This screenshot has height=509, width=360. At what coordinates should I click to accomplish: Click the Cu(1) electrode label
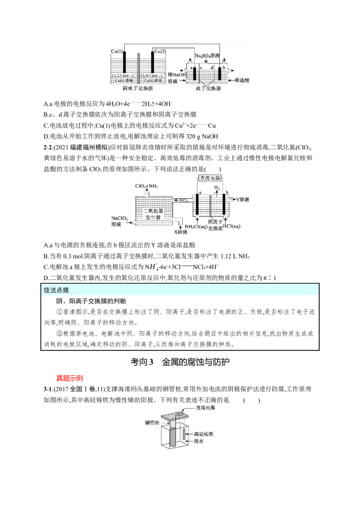(117, 52)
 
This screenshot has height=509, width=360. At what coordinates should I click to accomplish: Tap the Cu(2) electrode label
(160, 52)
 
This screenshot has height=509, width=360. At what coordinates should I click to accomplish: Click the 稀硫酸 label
(242, 80)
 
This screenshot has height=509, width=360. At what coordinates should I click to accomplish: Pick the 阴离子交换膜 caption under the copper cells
(140, 89)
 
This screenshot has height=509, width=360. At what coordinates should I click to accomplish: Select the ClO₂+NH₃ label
(147, 186)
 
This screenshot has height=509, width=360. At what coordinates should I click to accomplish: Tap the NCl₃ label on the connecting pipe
(184, 200)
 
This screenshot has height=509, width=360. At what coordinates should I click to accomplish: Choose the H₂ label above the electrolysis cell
(216, 188)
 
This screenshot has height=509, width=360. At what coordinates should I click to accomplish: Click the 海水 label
(199, 442)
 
